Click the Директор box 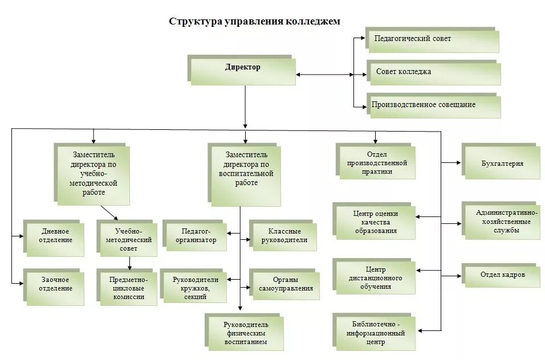(x=243, y=69)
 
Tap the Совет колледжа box (x=434, y=73)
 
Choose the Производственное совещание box (x=434, y=106)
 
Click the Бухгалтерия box (x=502, y=163)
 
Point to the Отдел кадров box (x=502, y=276)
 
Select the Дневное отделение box (x=56, y=236)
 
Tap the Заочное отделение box (x=56, y=285)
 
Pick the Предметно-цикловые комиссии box (x=128, y=288)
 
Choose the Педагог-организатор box (x=196, y=236)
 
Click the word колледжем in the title (x=312, y=21)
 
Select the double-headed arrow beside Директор (x=324, y=74)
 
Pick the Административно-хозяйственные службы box (x=502, y=221)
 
